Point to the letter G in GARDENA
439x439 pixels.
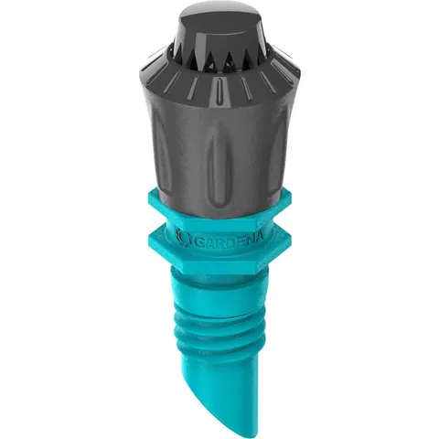[198, 241]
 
